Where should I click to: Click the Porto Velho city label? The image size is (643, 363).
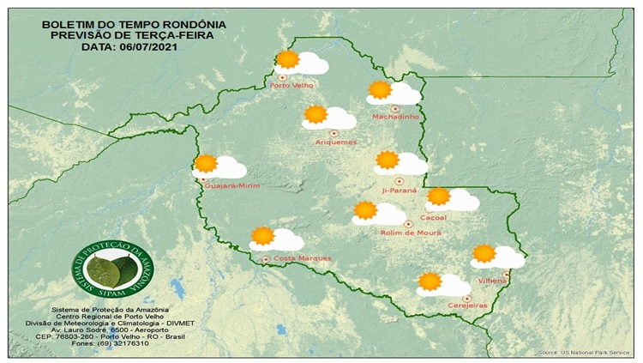coord(291,86)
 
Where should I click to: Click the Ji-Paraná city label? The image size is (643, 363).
coord(400,191)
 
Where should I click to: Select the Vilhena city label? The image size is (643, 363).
coord(494,281)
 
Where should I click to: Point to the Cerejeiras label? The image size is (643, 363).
coord(468,306)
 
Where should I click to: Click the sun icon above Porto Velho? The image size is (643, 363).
coord(287,59)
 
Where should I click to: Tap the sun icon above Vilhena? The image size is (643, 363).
coord(484,253)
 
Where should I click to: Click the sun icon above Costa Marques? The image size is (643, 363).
coord(263,235)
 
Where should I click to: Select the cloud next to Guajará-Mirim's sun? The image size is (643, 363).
coord(229,167)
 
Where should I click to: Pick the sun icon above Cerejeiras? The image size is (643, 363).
coord(430,281)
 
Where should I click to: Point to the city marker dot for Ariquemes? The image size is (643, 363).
coord(333,132)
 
